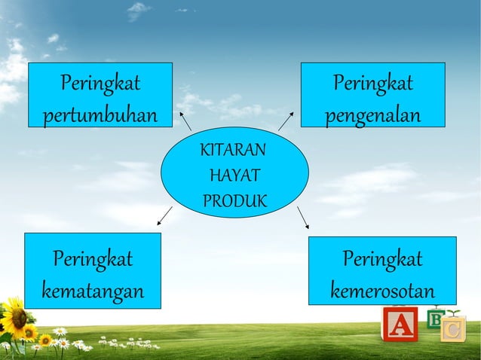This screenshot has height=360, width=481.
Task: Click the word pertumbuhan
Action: [100, 117]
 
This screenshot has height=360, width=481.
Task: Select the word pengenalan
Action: [372, 117]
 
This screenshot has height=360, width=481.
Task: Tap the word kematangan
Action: [93, 290]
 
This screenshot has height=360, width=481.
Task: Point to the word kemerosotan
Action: [382, 290]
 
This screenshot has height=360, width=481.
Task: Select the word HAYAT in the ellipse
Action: [234, 176]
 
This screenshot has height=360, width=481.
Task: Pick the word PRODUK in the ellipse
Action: [234, 201]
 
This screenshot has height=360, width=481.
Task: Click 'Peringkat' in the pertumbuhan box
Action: [100, 83]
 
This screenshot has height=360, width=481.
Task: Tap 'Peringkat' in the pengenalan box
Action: [373, 83]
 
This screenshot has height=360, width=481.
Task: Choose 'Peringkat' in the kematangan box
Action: [93, 260]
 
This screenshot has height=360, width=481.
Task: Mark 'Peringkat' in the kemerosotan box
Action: [382, 260]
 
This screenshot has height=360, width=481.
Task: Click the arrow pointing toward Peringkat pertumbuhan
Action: [185, 120]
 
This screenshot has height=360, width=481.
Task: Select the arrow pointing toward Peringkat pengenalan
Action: [286, 121]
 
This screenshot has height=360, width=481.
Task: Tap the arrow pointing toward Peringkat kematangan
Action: [164, 215]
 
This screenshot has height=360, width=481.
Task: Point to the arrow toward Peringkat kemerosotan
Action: [303, 217]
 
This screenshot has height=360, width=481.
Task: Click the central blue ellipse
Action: [234, 172]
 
